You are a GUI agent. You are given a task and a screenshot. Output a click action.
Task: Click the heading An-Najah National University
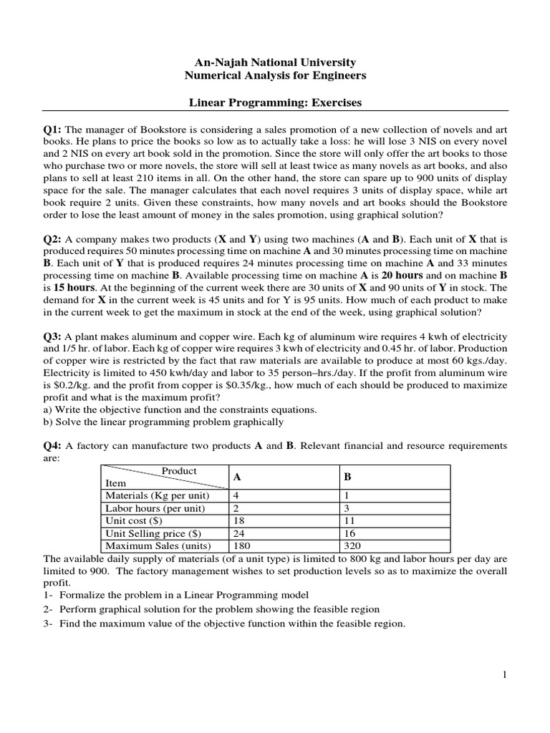pos(275,63)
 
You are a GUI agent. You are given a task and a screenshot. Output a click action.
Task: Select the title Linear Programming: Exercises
pos(275,103)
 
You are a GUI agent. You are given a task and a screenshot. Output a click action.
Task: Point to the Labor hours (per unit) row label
pos(155,508)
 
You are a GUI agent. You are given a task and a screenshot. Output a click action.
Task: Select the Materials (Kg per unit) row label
pos(157,495)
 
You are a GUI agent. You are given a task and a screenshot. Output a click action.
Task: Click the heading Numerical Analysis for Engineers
pos(275,76)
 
